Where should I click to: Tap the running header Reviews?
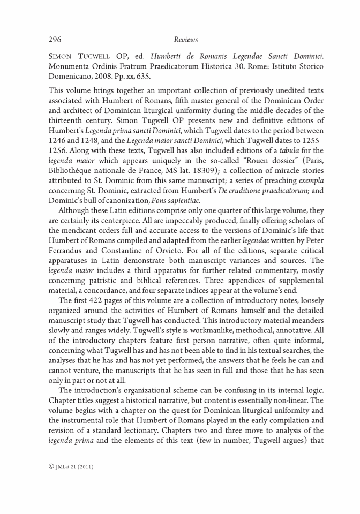point(186,40)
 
